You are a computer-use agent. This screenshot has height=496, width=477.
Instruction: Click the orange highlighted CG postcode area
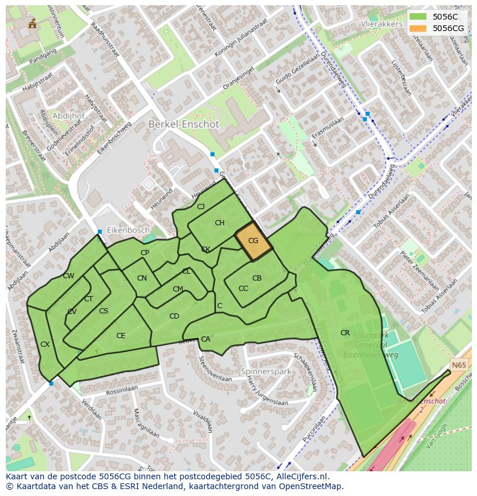[x=253, y=241]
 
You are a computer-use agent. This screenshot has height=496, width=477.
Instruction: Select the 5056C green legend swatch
[x=418, y=17]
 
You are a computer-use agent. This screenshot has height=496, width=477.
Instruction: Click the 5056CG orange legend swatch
[x=418, y=28]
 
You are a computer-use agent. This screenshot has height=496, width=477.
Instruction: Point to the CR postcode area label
[x=344, y=333]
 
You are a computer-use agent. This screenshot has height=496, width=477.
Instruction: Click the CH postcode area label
[x=219, y=223]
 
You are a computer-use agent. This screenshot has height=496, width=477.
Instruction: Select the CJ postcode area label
[x=200, y=207]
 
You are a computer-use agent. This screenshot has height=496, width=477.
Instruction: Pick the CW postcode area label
[x=69, y=276]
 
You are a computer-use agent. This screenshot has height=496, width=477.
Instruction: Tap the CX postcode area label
[x=44, y=344]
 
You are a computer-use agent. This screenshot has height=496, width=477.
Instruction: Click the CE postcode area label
[x=120, y=336]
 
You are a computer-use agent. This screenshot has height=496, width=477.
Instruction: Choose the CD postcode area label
[x=174, y=316]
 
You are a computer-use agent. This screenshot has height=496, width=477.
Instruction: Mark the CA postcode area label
[x=206, y=339]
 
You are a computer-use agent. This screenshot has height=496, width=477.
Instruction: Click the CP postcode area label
[x=145, y=253]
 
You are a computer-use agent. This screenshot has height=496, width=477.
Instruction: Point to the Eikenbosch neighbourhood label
[x=128, y=230]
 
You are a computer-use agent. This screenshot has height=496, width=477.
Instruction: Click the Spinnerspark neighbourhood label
[x=266, y=372]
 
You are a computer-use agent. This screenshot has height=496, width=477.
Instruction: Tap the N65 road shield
[x=459, y=365]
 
